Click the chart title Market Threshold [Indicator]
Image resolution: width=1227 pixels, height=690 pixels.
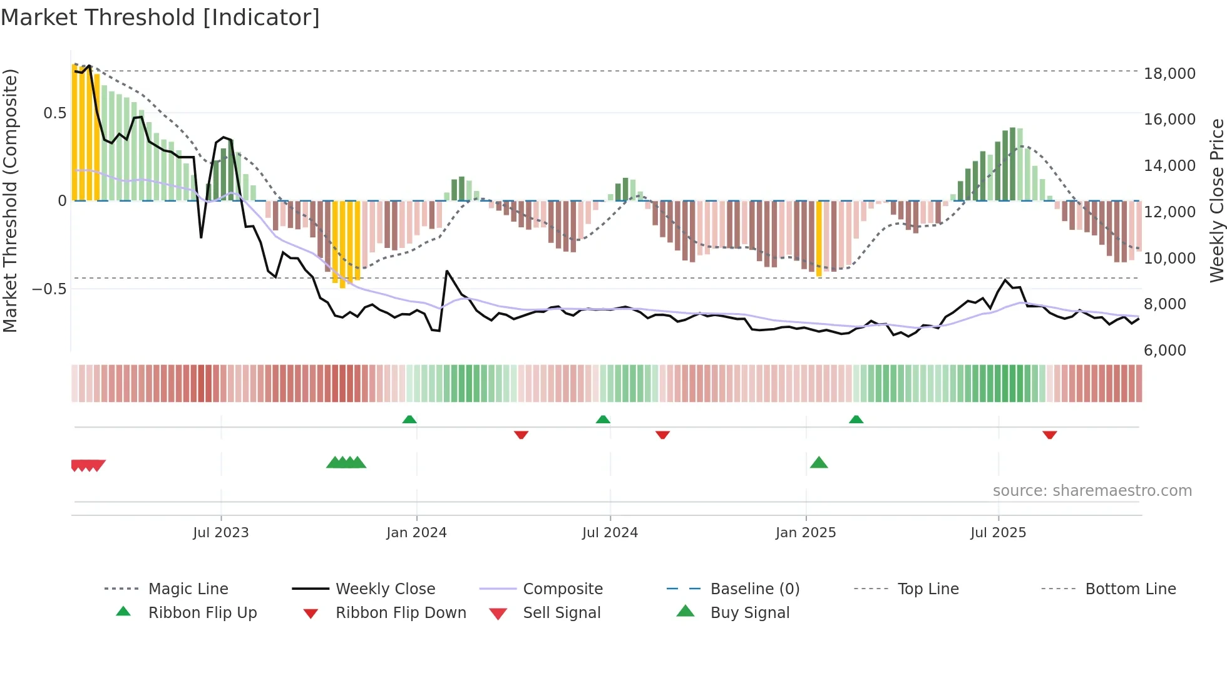click(x=160, y=18)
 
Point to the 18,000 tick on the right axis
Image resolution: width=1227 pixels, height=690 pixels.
click(x=1169, y=73)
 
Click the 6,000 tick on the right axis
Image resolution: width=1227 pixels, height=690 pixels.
click(x=1164, y=350)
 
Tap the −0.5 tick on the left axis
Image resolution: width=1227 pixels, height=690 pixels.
click(x=49, y=289)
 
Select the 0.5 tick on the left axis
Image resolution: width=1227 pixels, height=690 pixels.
click(x=54, y=113)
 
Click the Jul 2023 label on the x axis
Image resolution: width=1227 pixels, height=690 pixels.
click(x=220, y=532)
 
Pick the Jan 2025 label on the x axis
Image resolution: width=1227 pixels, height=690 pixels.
click(x=805, y=532)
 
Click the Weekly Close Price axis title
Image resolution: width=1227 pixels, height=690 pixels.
click(x=1216, y=200)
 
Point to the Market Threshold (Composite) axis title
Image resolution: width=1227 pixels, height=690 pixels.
click(x=10, y=200)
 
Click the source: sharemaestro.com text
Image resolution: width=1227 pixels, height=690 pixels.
click(x=1092, y=490)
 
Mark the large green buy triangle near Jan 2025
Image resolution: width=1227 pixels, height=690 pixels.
click(x=819, y=463)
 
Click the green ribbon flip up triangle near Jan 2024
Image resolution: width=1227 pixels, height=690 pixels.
click(x=409, y=420)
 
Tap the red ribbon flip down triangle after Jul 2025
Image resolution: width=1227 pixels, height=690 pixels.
click(x=1050, y=435)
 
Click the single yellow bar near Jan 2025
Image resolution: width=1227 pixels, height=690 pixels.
click(x=819, y=238)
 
